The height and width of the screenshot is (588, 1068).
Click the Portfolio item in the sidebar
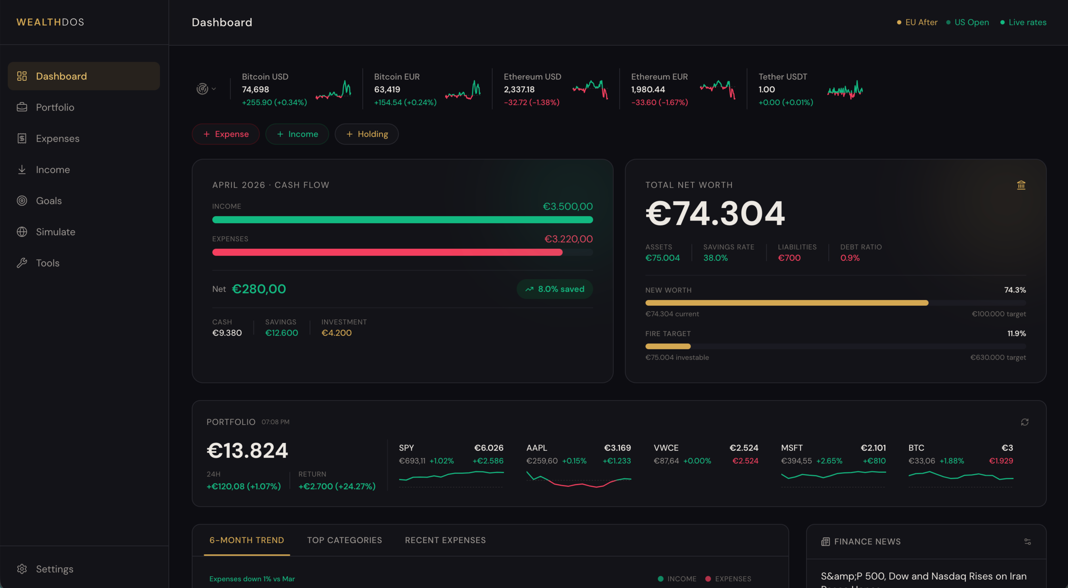click(55, 107)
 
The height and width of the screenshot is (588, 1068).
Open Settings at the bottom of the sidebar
click(54, 569)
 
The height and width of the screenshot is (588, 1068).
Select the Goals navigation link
click(48, 201)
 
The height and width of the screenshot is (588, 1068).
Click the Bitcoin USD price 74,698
click(255, 90)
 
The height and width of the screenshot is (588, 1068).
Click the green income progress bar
click(402, 220)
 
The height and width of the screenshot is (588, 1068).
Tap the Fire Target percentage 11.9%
click(1017, 334)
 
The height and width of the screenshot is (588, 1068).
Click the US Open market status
click(971, 22)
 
